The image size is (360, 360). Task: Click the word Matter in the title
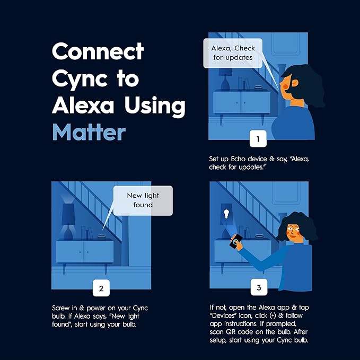[89, 133]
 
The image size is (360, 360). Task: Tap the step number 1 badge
[258, 139]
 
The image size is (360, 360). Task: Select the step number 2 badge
[101, 288]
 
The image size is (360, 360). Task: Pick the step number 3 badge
[259, 287]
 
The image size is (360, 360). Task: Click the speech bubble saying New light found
[143, 200]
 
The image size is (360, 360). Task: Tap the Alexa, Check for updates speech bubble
[233, 53]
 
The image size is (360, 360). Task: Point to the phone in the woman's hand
[235, 241]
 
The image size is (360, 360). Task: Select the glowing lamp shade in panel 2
[68, 214]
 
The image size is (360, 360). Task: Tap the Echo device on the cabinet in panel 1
[258, 87]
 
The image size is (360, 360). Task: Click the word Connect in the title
[98, 51]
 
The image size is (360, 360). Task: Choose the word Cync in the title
[80, 79]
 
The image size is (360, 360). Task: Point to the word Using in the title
[155, 106]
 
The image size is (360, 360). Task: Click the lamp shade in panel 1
[225, 72]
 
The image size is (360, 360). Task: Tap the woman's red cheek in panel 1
[285, 87]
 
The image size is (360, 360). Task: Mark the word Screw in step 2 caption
[60, 308]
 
